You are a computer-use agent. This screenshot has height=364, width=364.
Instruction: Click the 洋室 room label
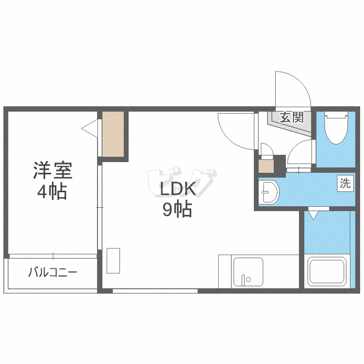(x=53, y=170)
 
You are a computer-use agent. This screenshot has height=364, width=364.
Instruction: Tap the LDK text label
(x=178, y=188)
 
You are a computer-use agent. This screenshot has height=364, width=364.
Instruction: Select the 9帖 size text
(x=177, y=209)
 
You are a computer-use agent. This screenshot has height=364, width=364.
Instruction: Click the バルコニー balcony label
(x=53, y=272)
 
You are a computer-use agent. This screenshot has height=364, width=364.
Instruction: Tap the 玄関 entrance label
(x=292, y=117)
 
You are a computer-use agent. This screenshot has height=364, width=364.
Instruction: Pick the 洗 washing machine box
(x=345, y=183)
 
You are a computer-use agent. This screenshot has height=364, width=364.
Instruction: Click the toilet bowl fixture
(x=336, y=129)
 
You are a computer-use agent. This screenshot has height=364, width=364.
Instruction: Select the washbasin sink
(x=269, y=192)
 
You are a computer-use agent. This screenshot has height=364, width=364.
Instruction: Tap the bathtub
(x=327, y=272)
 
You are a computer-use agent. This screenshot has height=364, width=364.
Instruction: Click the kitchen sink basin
(x=248, y=272)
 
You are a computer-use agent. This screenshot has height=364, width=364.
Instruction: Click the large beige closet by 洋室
(x=113, y=134)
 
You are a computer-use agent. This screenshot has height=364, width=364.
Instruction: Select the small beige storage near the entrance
(x=266, y=166)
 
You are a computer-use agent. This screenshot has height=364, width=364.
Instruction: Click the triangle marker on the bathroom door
(x=314, y=215)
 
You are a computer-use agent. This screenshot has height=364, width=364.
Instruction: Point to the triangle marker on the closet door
(x=90, y=129)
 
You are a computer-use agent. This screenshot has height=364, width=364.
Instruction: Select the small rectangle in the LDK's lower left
(x=113, y=261)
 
